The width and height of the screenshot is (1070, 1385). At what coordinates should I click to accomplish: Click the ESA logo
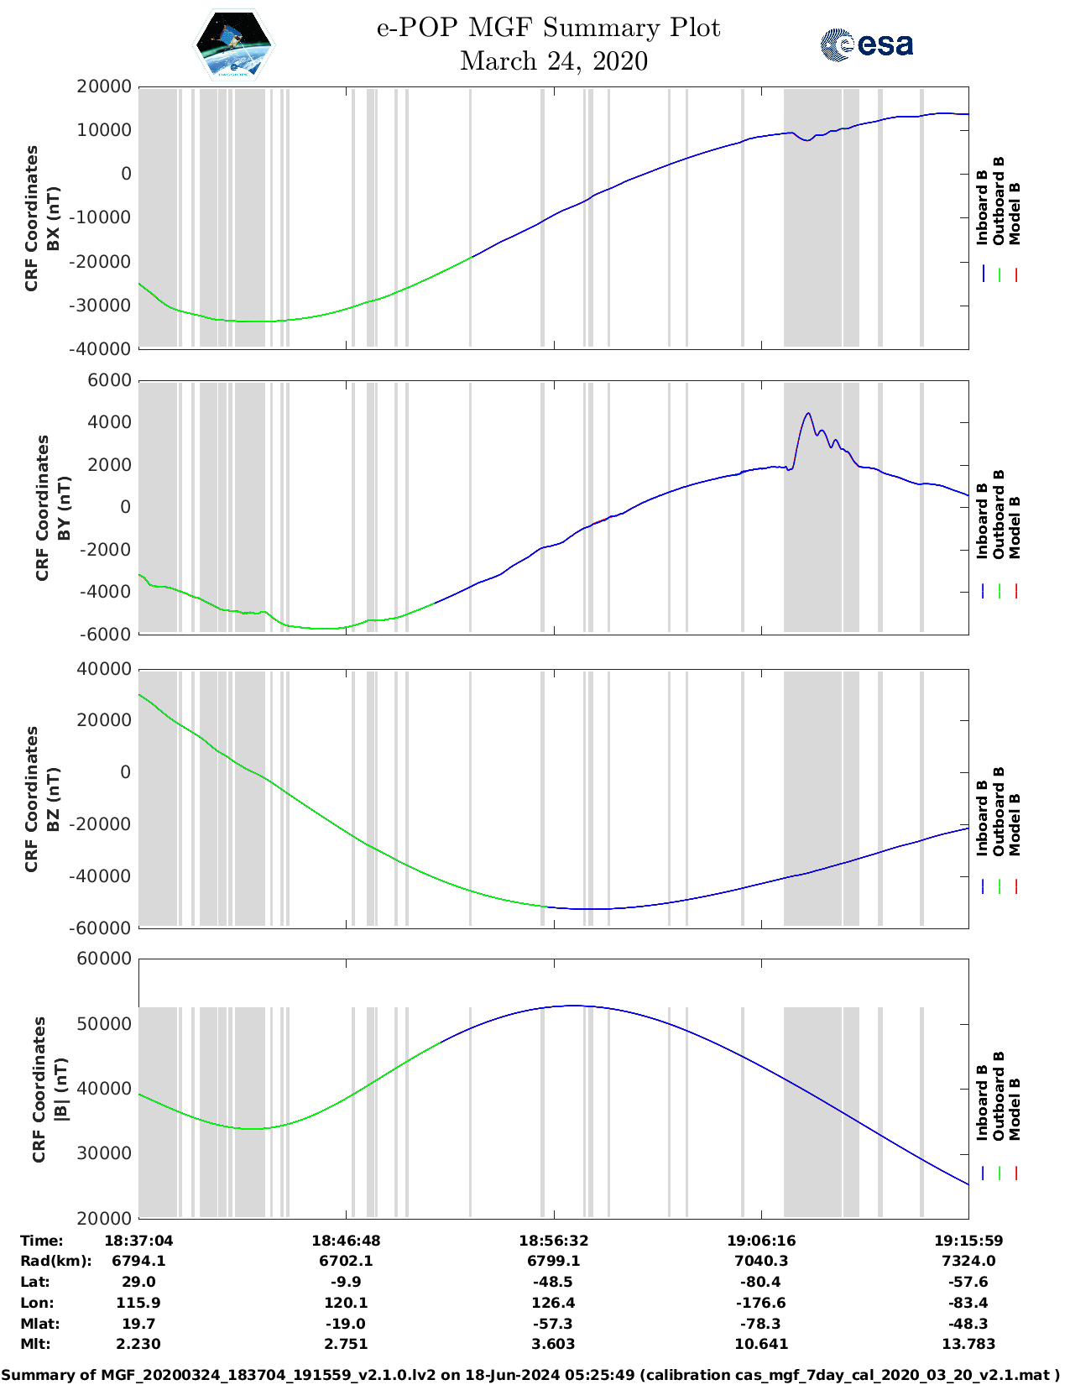coord(866,44)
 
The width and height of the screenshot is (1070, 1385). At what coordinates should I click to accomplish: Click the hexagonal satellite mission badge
coord(233,44)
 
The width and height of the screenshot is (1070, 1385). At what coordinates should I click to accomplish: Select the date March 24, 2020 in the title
coord(554,61)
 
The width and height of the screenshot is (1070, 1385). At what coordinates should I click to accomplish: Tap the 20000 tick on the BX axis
coord(104,86)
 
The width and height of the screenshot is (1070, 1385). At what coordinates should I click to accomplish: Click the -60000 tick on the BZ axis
coord(102,928)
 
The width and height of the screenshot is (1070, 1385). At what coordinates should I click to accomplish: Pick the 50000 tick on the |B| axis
coord(104,1024)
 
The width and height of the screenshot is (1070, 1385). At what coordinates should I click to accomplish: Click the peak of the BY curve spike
coord(808,413)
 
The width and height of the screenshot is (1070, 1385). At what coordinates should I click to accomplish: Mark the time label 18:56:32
coord(553,1241)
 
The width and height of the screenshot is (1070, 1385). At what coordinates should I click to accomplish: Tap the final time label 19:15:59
coord(968,1241)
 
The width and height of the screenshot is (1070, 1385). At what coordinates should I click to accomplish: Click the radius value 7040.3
coord(761,1261)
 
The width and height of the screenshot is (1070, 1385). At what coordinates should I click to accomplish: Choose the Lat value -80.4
coord(761,1282)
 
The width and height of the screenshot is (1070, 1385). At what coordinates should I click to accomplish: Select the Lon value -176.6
coord(761,1303)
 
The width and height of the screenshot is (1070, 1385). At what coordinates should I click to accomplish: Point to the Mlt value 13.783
coord(968,1344)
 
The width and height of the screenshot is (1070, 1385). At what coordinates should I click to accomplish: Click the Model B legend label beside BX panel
coord(1015,214)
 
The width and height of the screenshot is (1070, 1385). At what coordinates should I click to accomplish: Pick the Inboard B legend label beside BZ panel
coord(982,818)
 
